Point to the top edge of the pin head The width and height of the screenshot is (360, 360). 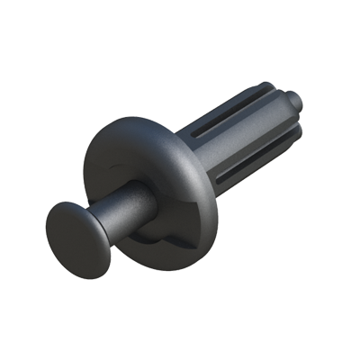pos(67,203)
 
